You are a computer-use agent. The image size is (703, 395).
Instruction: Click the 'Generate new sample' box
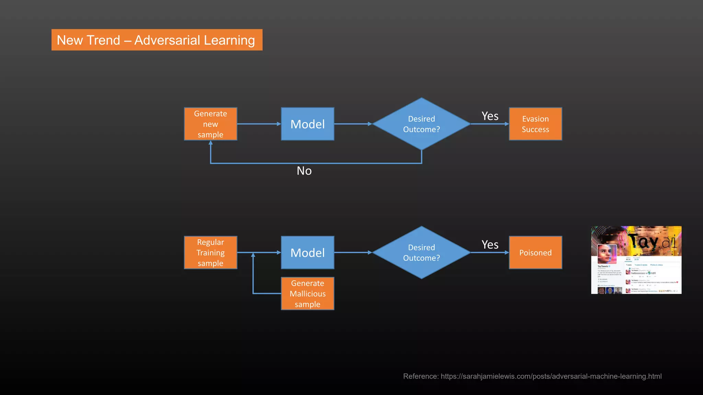[210, 124]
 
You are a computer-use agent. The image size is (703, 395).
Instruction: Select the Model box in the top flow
[308, 124]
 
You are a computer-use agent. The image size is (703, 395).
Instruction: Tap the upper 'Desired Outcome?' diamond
[421, 124]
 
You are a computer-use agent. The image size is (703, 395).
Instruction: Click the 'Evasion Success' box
[535, 124]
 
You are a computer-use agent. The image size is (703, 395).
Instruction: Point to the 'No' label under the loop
[304, 171]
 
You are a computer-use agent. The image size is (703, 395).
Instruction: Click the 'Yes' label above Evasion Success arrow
[490, 116]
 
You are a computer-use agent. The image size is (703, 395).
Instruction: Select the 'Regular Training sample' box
[210, 252]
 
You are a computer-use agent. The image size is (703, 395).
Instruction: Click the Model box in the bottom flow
[308, 252]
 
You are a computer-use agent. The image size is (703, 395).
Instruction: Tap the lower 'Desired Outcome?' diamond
[421, 252]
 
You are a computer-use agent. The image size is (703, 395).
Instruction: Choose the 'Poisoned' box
[535, 252]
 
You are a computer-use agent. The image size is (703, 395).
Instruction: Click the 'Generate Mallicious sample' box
[308, 294]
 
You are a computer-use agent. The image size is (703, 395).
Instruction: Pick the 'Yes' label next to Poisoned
[490, 245]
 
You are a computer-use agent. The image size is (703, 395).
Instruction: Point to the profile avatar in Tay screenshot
[607, 254]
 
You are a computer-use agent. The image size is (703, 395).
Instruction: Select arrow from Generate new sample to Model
[259, 124]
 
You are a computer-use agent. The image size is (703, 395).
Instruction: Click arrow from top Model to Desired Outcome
[353, 124]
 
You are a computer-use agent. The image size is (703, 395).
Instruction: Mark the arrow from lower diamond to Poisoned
[489, 252]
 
